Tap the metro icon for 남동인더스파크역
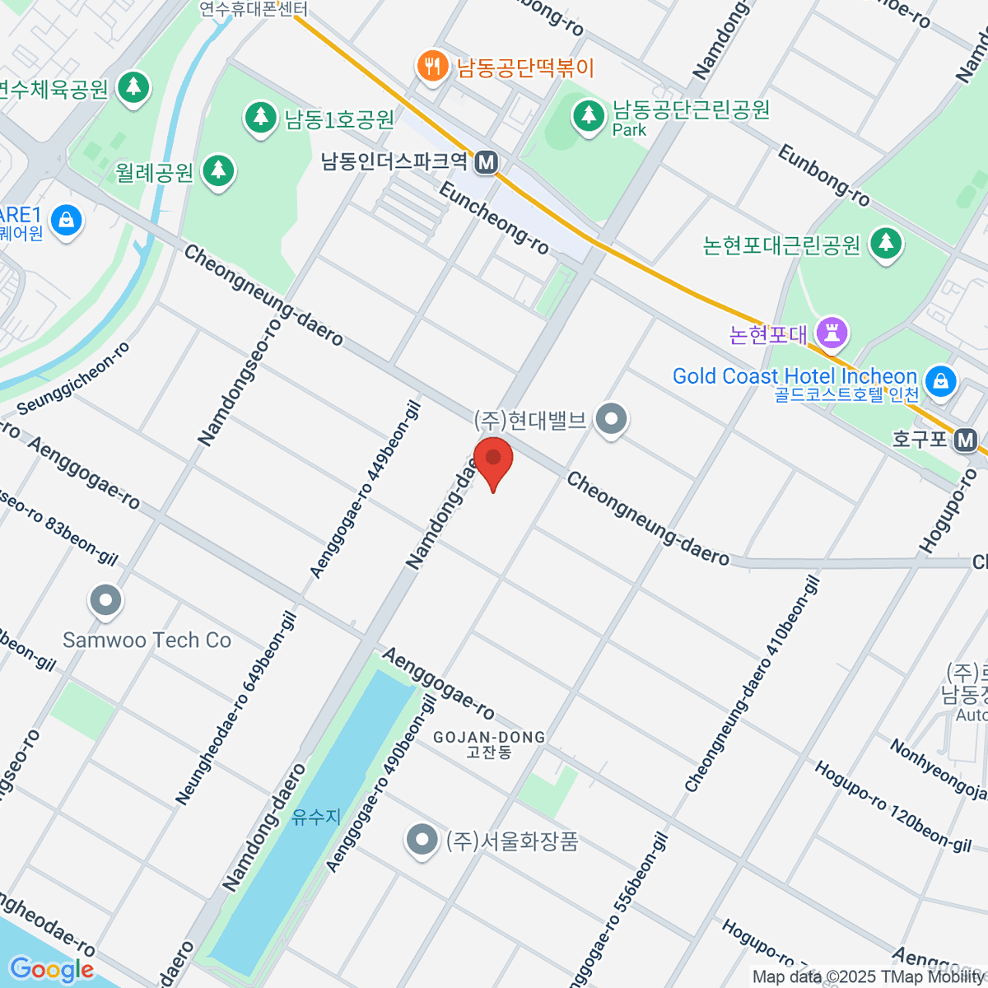(487, 162)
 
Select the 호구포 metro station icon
(965, 440)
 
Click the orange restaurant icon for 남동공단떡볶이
(431, 66)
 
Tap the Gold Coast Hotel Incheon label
(795, 376)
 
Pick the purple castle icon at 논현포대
(832, 333)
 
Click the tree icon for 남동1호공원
(261, 118)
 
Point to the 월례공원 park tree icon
(218, 171)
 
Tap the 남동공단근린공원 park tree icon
(588, 114)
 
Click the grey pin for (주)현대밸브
(611, 420)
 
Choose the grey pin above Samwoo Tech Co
(105, 601)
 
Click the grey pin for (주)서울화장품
(422, 841)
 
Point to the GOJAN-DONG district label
(489, 737)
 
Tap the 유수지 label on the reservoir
(316, 817)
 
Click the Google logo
(51, 969)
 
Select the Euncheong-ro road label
(494, 218)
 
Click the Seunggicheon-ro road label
(74, 379)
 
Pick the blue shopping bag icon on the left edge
(66, 221)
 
